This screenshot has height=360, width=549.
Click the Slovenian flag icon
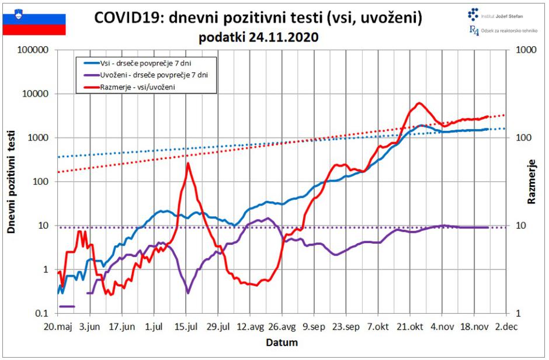pos(34,22)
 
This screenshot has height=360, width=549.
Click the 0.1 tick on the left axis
pos(40,314)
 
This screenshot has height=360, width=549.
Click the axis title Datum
pos(283,342)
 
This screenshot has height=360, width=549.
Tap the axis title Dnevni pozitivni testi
pos(11,182)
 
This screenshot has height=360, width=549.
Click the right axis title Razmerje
pos(531,182)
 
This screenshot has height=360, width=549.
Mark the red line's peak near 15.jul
pos(188,164)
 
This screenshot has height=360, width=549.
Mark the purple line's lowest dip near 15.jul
pos(188,292)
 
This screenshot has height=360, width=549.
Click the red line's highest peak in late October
pos(419,103)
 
